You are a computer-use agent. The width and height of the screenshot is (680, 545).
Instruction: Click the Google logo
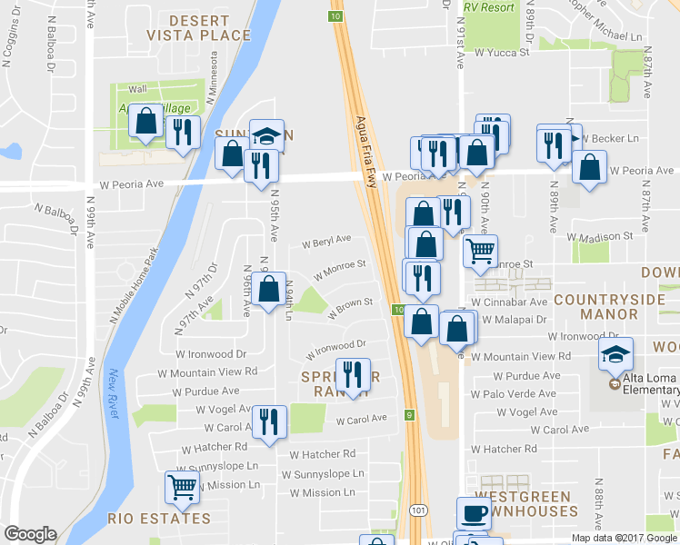(x=31, y=534)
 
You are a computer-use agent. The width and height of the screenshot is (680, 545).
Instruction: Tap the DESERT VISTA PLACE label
(x=210, y=27)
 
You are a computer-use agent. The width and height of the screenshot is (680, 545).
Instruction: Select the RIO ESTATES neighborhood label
(x=159, y=519)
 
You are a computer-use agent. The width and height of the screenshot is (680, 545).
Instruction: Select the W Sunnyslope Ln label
(x=322, y=474)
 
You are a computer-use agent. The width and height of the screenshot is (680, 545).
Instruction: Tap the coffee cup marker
(x=473, y=513)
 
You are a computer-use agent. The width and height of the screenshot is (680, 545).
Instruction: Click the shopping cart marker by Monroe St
(x=480, y=250)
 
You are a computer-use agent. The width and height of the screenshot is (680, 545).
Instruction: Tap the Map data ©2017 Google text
(x=625, y=538)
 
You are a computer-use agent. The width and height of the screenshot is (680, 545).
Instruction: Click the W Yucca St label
(x=500, y=53)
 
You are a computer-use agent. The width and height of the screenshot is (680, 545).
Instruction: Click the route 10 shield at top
(x=336, y=16)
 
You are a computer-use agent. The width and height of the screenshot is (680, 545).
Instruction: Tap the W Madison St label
(x=602, y=236)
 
